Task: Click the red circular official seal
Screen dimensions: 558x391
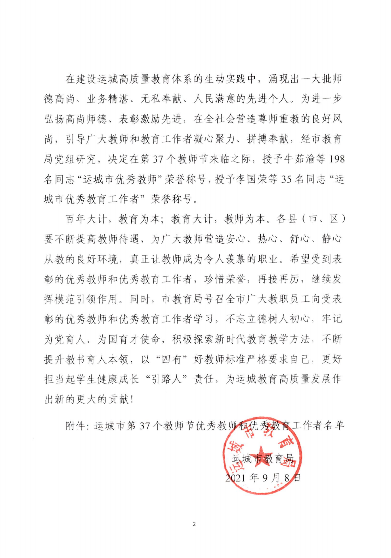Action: point(262,458)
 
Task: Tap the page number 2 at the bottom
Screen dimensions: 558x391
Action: point(195,524)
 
